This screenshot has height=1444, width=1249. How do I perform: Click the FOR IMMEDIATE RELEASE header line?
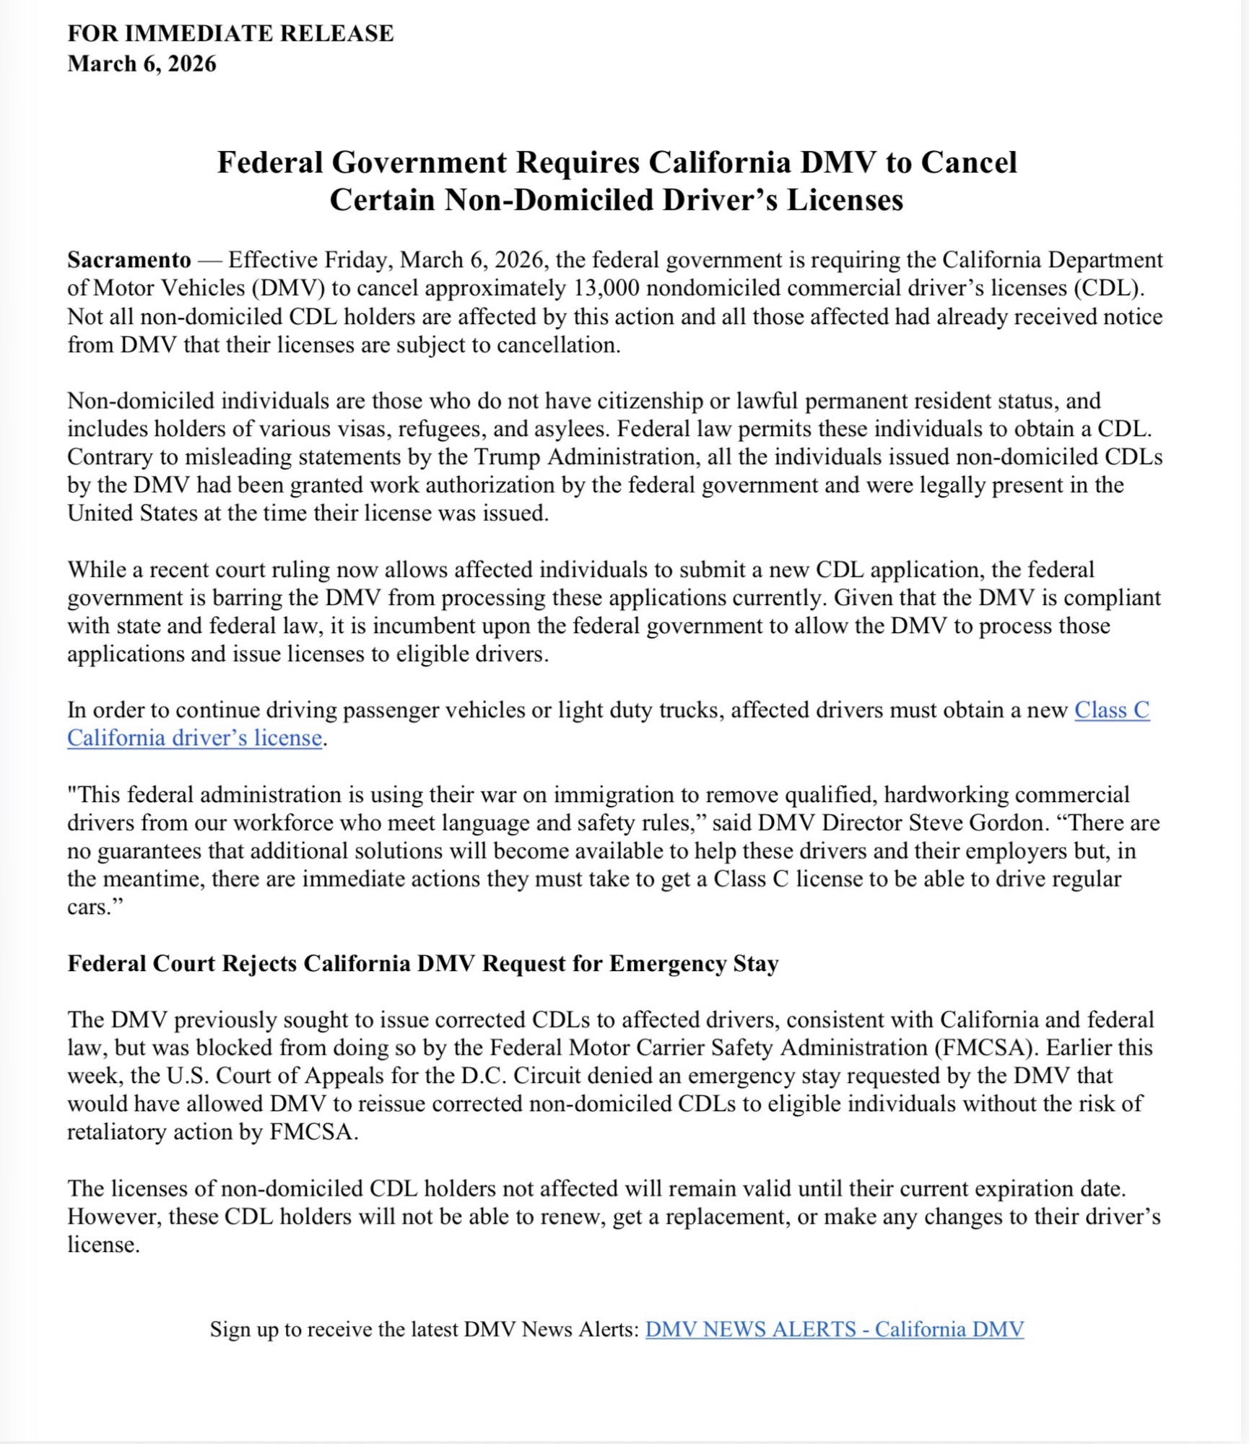[230, 33]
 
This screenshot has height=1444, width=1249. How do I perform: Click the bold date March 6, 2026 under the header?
[142, 64]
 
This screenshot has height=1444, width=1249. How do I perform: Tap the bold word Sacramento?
[129, 259]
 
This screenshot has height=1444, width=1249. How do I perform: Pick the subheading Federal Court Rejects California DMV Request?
[422, 963]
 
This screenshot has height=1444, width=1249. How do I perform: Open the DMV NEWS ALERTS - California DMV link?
[834, 1328]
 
